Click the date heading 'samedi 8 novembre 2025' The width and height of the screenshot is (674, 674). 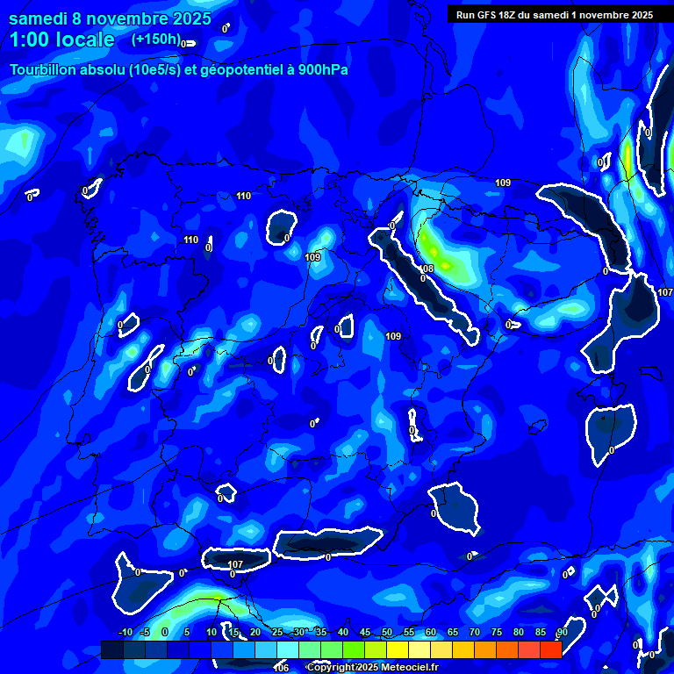[x=110, y=18]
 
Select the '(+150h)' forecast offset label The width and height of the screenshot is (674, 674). [x=155, y=39]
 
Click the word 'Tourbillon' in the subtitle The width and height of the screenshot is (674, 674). [x=45, y=70]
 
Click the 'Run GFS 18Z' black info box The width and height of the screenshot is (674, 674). [x=554, y=14]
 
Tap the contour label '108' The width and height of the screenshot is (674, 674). [x=427, y=269]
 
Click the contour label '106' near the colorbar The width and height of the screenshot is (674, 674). [x=281, y=668]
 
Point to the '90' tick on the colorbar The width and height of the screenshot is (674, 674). [x=562, y=632]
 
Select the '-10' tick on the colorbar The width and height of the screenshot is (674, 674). [x=125, y=632]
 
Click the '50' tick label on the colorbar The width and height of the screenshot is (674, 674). [x=387, y=632]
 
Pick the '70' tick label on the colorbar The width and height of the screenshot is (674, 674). [x=475, y=632]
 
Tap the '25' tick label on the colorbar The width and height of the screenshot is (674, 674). [x=277, y=632]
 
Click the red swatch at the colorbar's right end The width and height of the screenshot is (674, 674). [x=551, y=649]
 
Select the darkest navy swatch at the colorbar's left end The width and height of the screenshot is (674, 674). [x=112, y=649]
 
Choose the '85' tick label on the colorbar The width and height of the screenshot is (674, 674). [x=541, y=632]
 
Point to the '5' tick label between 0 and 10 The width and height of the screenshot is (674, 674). [x=187, y=632]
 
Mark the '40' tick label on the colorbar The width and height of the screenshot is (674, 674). [x=343, y=632]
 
